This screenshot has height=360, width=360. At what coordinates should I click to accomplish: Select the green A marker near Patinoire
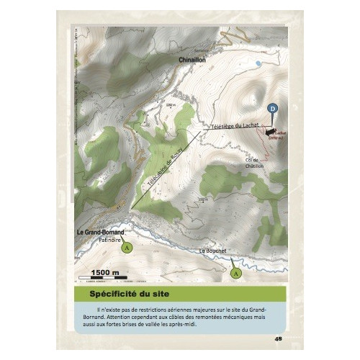tap(127, 246)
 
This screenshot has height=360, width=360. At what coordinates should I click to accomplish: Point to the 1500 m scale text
tap(105, 271)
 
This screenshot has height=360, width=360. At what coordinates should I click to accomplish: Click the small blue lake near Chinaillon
tap(258, 63)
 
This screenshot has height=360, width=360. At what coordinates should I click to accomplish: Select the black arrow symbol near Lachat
tap(271, 132)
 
